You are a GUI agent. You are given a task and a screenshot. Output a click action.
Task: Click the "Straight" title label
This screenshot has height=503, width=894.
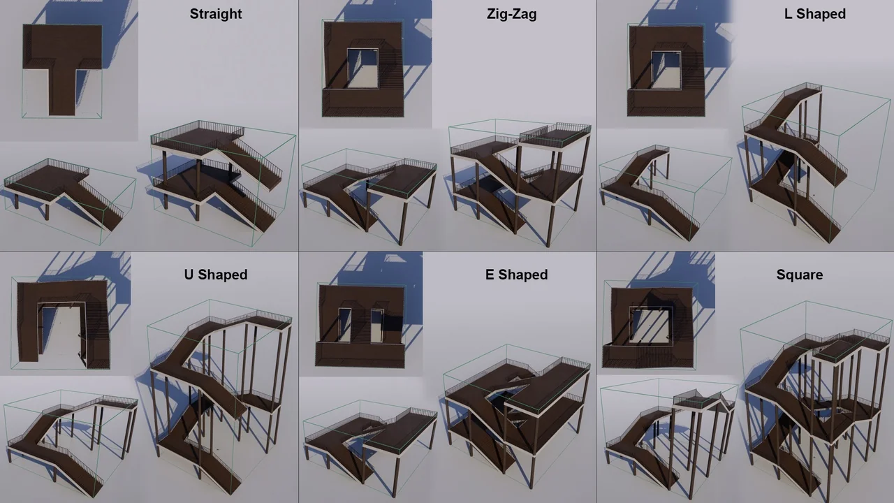coord(216,14)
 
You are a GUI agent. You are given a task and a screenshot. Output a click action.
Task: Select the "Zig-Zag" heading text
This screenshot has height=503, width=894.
coord(512,15)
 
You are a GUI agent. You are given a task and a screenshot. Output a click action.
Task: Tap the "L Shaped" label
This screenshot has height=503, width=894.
coord(815,14)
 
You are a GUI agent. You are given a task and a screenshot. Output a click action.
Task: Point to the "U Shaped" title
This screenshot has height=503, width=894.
coord(216,275)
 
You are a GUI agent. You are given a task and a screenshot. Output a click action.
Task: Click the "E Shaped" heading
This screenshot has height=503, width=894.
coord(516,275)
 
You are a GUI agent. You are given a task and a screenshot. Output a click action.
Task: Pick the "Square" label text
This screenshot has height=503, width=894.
coord(800,275)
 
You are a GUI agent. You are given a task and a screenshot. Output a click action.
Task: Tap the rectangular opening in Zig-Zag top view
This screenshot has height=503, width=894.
coord(362,68)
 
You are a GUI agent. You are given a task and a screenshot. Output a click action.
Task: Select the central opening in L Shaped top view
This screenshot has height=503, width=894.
coord(666,71)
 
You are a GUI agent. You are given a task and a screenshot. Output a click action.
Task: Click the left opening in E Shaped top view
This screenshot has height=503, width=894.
coord(345,325)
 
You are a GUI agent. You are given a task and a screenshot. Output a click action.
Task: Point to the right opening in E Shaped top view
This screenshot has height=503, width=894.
coord(376,326)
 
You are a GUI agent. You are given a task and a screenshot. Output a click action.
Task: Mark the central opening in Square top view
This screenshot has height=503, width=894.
coord(650,325)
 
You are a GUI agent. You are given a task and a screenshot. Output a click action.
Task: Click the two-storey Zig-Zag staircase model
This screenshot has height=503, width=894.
coord(521,182)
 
